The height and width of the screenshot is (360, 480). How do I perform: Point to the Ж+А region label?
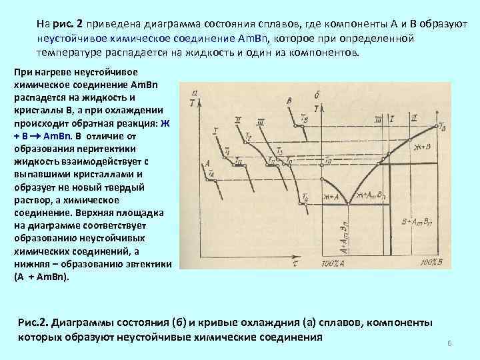point(331,197)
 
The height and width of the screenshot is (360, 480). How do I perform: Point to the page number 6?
point(450,343)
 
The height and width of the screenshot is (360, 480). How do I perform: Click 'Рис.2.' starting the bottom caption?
point(35,323)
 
